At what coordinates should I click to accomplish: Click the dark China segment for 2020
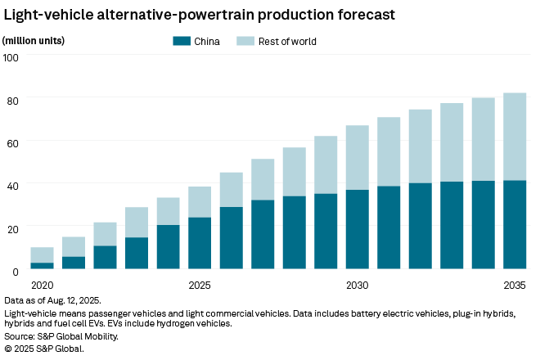[x=42, y=266]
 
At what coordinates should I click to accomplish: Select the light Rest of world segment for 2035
[x=515, y=137]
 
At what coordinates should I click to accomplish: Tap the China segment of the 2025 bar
[x=200, y=243]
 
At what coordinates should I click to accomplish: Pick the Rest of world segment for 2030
[x=357, y=158]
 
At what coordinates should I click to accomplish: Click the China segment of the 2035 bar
[x=515, y=225]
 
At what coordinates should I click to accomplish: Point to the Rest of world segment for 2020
[x=42, y=255]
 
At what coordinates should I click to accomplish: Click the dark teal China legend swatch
[x=182, y=41]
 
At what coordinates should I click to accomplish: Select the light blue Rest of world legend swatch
[x=245, y=41]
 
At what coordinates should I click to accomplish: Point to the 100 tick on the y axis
[x=11, y=57]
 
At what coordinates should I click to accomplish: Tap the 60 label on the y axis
[x=12, y=143]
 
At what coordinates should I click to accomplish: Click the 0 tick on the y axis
[x=16, y=272]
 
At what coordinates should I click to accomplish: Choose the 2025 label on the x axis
[x=200, y=286]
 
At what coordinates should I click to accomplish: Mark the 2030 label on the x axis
[x=357, y=286]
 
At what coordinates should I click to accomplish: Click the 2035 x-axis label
[x=515, y=286]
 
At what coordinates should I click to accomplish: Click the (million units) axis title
[x=34, y=41]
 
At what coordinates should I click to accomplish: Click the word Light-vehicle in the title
[x=48, y=16]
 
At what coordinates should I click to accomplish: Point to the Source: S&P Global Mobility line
[x=61, y=336]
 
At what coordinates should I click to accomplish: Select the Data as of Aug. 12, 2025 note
[x=52, y=300]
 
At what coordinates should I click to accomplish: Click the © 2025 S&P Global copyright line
[x=44, y=349]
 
